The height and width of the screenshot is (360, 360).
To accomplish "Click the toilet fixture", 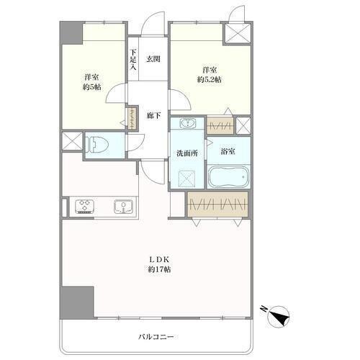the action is [x=98, y=145].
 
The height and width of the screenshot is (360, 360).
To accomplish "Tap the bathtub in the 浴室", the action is [x=228, y=176].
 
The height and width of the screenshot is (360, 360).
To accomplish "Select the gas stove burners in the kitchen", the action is [x=84, y=207].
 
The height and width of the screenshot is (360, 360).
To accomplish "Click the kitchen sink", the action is [x=123, y=207].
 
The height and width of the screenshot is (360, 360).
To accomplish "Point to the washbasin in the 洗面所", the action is [x=187, y=124].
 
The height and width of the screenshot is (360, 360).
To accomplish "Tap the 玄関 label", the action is [x=153, y=59].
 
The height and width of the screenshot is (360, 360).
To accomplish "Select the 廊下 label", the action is [x=153, y=116].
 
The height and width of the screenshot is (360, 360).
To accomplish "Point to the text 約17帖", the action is [x=159, y=269].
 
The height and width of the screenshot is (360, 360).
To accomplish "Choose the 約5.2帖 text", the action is [x=210, y=79].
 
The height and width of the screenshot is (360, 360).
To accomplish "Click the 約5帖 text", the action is [x=92, y=86].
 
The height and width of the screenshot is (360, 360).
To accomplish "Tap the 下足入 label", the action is [x=133, y=60].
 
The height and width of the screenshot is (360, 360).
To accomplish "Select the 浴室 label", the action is [x=228, y=151].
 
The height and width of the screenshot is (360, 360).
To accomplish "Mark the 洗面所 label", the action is [x=187, y=153].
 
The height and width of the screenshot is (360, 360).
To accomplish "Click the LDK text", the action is [x=160, y=259].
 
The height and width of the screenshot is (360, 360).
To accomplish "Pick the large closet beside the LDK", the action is [x=217, y=204].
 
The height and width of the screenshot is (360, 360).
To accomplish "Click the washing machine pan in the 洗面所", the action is [x=187, y=178].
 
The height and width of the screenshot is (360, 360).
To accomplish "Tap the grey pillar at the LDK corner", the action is [x=77, y=302].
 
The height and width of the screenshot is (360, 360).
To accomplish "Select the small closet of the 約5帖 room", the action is [x=132, y=119].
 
